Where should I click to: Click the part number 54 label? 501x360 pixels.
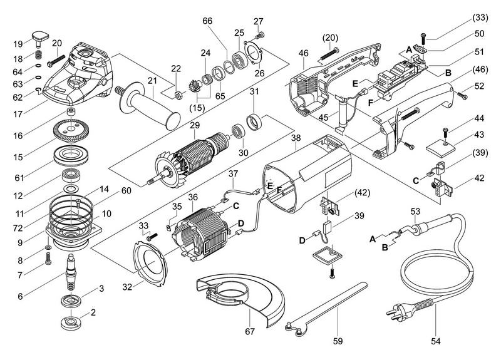[435, 342]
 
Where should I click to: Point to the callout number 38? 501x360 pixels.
[296, 136]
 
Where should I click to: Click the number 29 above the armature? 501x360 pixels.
[194, 126]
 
